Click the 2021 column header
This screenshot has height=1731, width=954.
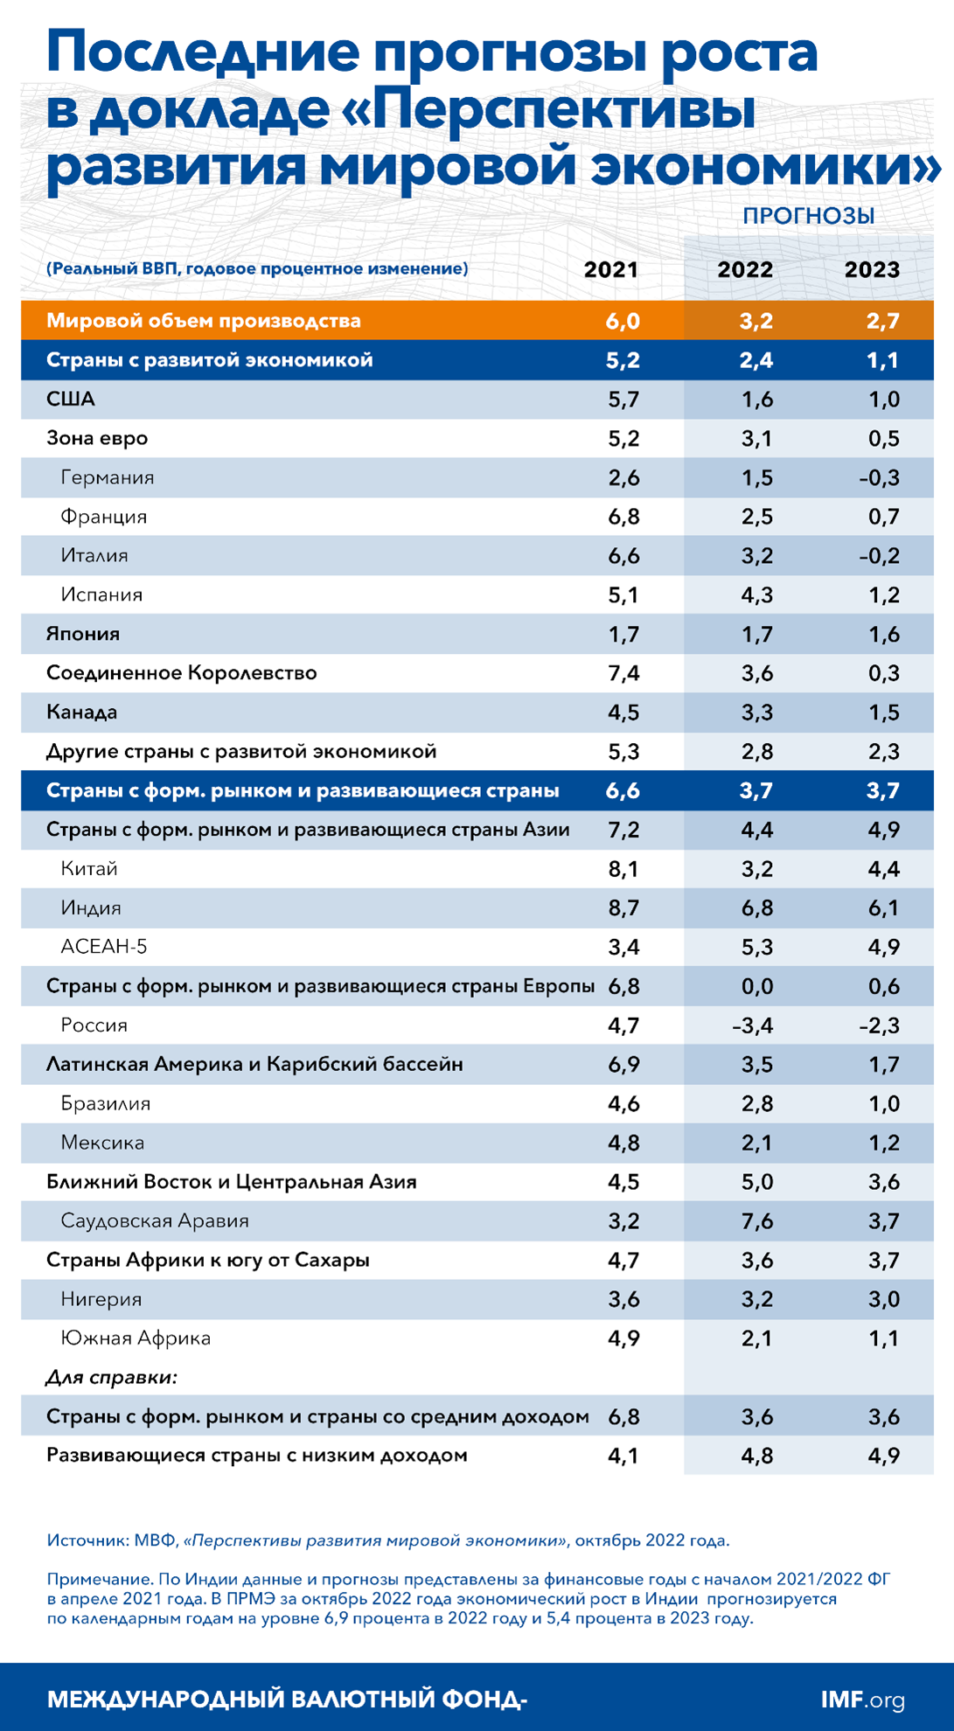pos(610,269)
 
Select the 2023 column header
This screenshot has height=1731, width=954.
pos(872,269)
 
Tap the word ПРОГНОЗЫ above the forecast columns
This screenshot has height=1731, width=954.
pos(809,216)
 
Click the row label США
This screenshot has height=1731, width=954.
pos(71,400)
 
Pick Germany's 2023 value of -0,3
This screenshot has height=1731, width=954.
pos(879,478)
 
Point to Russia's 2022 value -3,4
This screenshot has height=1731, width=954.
pos(752,1025)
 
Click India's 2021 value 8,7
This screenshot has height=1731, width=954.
pos(623,908)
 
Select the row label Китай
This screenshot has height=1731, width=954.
pos(89,869)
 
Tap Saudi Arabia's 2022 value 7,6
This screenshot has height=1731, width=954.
pos(756,1221)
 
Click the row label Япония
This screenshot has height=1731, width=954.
pos(83,634)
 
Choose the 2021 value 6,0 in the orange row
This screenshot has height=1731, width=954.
pos(623,321)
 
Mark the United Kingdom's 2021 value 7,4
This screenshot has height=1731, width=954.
pos(623,673)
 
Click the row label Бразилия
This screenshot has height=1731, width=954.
pos(106,1103)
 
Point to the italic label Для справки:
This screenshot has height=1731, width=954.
pos(111,1378)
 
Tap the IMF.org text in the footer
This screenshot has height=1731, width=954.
pos(862,1700)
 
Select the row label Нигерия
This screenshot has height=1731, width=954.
pos(101,1299)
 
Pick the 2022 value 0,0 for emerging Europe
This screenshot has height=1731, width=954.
pos(756,986)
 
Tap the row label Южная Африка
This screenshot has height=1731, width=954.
pos(136,1338)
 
